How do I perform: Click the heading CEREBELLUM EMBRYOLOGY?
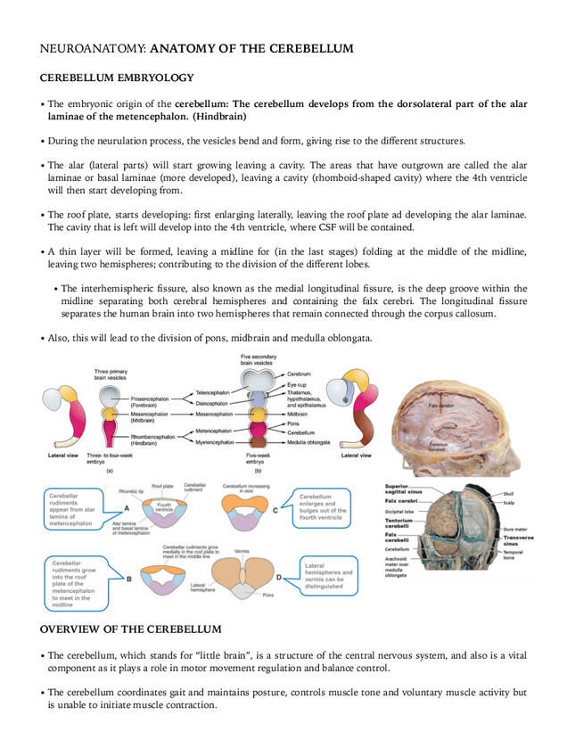(117, 78)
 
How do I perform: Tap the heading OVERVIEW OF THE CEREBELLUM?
(131, 629)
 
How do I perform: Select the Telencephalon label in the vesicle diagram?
(213, 392)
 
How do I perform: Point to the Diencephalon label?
(213, 402)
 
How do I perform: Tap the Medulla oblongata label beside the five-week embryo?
(308, 442)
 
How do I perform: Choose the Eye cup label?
(298, 382)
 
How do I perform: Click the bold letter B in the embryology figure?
(129, 578)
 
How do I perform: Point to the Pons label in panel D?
(268, 594)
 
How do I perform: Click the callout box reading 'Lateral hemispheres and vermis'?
(328, 576)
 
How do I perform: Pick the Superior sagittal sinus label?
(403, 489)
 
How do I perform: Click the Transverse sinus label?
(519, 540)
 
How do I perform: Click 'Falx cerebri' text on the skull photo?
(440, 406)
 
